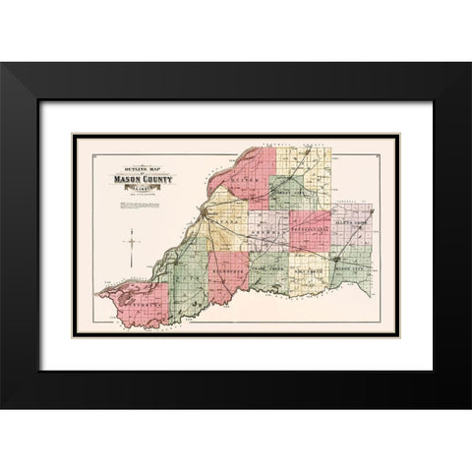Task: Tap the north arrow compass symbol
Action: click(129, 239)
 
